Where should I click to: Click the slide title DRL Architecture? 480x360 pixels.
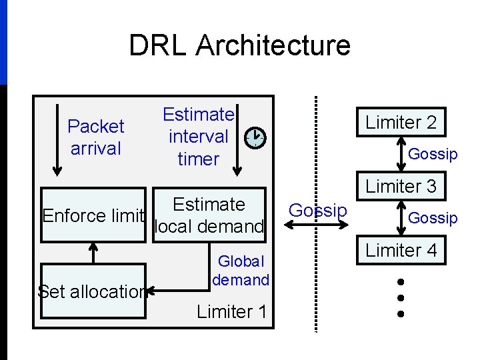click(239, 45)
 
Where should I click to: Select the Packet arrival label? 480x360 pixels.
click(96, 137)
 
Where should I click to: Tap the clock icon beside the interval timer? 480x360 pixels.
click(255, 138)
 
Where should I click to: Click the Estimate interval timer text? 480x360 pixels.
click(198, 137)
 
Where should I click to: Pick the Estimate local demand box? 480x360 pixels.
click(209, 215)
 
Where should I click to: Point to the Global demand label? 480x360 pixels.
click(241, 271)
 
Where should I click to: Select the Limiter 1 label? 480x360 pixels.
click(231, 311)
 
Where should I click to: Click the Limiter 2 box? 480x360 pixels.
click(401, 123)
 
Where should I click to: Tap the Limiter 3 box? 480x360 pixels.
click(401, 187)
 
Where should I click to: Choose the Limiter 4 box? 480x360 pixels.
click(401, 251)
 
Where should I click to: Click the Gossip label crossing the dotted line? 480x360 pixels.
click(318, 211)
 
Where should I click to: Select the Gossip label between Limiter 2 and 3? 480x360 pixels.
click(433, 154)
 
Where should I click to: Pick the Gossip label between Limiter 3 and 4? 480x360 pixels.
click(433, 218)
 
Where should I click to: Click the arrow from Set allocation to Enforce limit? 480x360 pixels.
click(93, 252)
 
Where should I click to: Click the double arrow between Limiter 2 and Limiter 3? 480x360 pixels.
click(401, 154)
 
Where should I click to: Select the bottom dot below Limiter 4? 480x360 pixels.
click(401, 313)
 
